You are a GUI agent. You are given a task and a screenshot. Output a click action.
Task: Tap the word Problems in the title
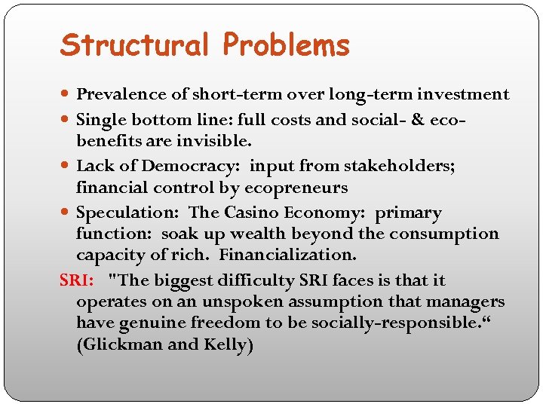(287, 45)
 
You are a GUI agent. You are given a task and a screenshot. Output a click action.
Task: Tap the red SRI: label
(77, 281)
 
